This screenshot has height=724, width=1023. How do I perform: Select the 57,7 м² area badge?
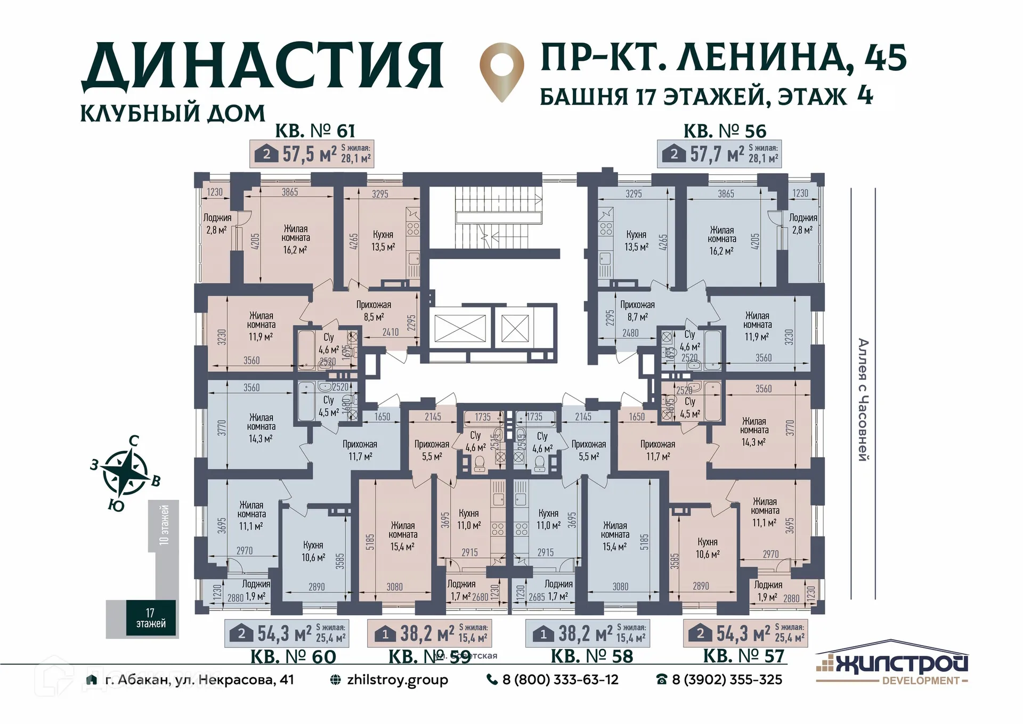click(x=719, y=154)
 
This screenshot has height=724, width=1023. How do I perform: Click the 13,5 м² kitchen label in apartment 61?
click(x=383, y=241)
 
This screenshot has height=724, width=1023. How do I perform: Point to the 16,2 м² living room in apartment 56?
click(x=722, y=240)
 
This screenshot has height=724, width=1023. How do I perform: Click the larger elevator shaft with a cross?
click(x=460, y=328)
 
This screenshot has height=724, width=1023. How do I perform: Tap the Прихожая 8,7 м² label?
click(x=637, y=311)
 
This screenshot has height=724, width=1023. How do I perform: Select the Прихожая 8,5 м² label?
click(x=374, y=311)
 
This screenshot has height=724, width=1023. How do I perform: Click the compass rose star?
click(x=125, y=471)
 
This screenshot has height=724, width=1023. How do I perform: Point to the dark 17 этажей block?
click(x=151, y=618)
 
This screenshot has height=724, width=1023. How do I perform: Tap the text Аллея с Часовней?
click(x=863, y=400)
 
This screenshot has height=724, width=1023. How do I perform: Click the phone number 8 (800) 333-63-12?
click(x=553, y=680)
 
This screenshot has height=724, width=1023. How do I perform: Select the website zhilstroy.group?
click(x=389, y=680)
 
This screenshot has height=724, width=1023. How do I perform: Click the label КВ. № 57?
click(x=743, y=656)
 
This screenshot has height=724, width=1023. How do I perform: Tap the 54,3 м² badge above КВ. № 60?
click(x=288, y=633)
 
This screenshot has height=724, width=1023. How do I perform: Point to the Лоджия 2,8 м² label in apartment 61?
click(x=217, y=224)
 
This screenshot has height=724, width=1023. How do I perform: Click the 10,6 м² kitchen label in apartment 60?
click(x=313, y=551)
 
